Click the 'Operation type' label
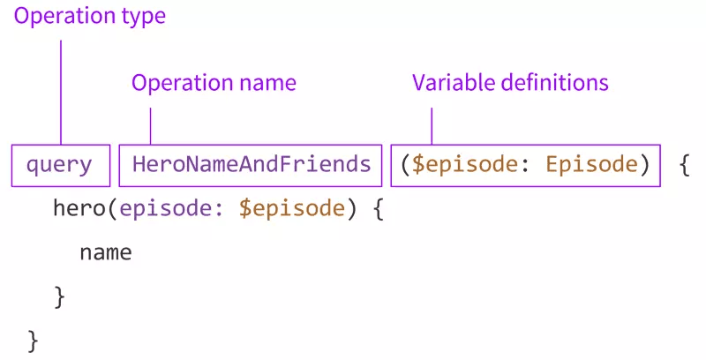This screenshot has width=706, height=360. pyautogui.click(x=88, y=15)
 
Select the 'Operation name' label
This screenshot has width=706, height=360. pyautogui.click(x=214, y=83)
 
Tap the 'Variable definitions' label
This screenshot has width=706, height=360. pyautogui.click(x=510, y=83)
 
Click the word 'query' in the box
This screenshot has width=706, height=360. pyautogui.click(x=59, y=164)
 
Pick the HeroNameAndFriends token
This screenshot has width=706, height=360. pyautogui.click(x=252, y=164)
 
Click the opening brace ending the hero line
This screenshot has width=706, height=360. pyautogui.click(x=377, y=209)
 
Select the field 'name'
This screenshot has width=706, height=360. pyautogui.click(x=105, y=253)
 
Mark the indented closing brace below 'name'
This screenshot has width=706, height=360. pyautogui.click(x=59, y=297)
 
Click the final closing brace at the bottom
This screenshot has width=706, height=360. pyautogui.click(x=34, y=340)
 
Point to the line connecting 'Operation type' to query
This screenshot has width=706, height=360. pyautogui.click(x=60, y=88)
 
